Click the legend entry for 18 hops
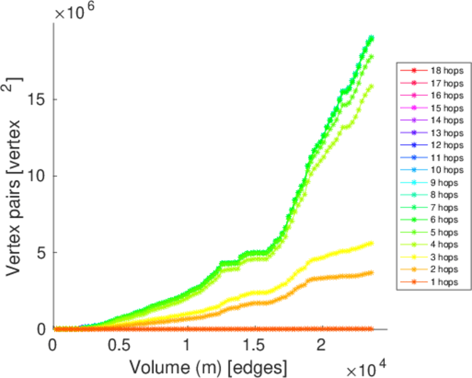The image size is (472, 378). [x=434, y=71]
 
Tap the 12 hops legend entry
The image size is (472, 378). [x=434, y=145]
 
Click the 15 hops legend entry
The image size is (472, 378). [x=434, y=108]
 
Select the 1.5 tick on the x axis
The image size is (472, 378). [x=254, y=347]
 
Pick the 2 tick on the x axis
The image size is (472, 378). [x=321, y=347]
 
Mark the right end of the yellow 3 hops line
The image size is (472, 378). [x=371, y=243]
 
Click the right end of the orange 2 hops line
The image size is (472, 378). [x=371, y=273]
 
